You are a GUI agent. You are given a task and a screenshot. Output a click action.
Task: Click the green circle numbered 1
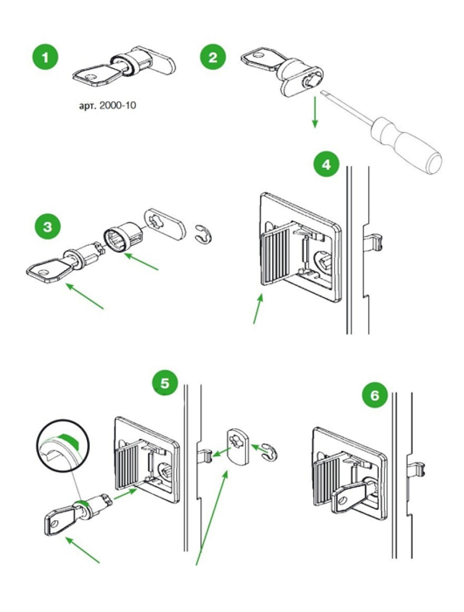[47, 57]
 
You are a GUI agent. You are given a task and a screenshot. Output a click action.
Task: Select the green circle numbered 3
[47, 227]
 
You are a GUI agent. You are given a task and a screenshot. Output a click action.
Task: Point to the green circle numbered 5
[165, 384]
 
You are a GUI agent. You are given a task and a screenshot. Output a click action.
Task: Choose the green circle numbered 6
[374, 395]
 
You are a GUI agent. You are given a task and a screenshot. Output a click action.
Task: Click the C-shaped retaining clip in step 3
[201, 234]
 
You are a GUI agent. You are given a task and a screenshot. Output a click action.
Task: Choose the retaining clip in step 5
[268, 451]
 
